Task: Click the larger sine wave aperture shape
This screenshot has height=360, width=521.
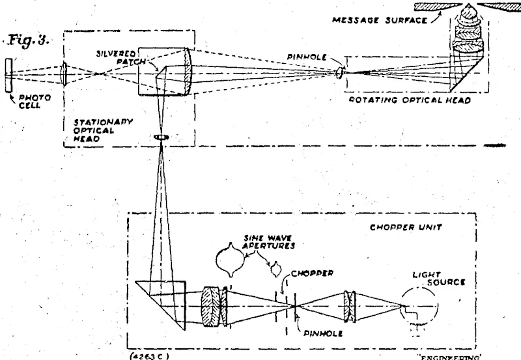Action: (229, 260)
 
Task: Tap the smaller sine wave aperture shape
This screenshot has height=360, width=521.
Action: (277, 267)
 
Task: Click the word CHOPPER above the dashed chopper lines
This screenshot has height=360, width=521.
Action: (315, 274)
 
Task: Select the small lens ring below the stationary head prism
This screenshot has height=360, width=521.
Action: (160, 137)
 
